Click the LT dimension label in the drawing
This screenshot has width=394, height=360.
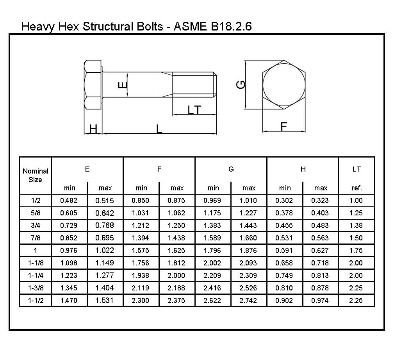click(194, 110)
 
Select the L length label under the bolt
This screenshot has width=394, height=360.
click(159, 129)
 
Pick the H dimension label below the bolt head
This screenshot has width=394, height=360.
click(93, 129)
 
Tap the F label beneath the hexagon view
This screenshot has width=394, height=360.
click(284, 126)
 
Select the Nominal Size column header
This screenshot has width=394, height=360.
click(36, 175)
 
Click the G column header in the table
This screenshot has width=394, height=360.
click(231, 169)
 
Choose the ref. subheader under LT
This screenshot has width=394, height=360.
click(357, 188)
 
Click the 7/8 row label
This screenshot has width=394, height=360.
click(36, 238)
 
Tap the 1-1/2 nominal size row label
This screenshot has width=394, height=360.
click(36, 301)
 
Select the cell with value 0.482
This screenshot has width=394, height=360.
click(69, 201)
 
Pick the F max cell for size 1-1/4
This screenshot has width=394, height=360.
click(177, 276)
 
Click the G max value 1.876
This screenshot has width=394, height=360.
click(249, 251)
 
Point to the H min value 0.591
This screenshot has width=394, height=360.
click(285, 251)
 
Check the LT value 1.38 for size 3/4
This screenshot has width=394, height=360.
click(357, 226)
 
